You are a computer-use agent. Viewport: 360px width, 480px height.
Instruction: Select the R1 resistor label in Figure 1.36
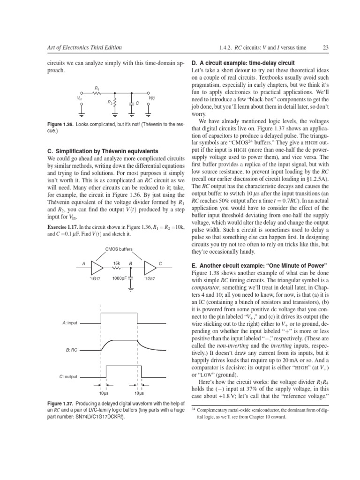click(97, 87)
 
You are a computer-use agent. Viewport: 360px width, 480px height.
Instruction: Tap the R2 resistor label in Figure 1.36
click(109, 102)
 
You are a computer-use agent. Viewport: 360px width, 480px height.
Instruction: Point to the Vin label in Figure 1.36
click(80, 98)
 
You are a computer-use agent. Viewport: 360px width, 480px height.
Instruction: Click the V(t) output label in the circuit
click(152, 98)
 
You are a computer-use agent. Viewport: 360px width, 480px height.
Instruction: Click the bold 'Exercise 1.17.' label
click(64, 227)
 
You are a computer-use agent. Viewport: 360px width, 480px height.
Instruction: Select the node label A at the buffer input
click(83, 264)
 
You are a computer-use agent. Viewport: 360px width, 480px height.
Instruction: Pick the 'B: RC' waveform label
click(72, 350)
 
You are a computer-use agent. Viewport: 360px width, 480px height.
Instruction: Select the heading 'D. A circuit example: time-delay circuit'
click(243, 63)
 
